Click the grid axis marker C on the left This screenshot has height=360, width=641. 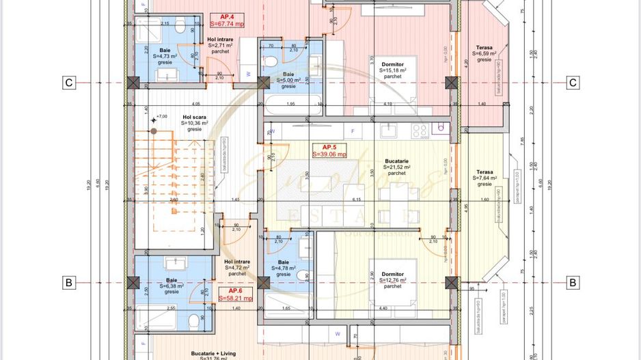(x=68, y=83)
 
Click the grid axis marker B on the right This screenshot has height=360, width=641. (x=573, y=282)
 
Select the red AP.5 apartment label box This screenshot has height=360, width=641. (x=329, y=151)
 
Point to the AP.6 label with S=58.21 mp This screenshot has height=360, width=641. (x=235, y=294)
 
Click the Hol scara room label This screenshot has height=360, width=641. (x=194, y=122)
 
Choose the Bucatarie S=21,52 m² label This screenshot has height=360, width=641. (x=396, y=167)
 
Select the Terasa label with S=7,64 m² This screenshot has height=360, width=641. (x=485, y=178)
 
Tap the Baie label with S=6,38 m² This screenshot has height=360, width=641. (x=171, y=283)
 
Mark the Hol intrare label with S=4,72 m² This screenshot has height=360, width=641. (x=237, y=267)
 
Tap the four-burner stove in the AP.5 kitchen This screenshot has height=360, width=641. (x=420, y=130)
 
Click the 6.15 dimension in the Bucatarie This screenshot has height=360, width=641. (x=356, y=199)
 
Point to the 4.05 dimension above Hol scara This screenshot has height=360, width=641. (x=195, y=104)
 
